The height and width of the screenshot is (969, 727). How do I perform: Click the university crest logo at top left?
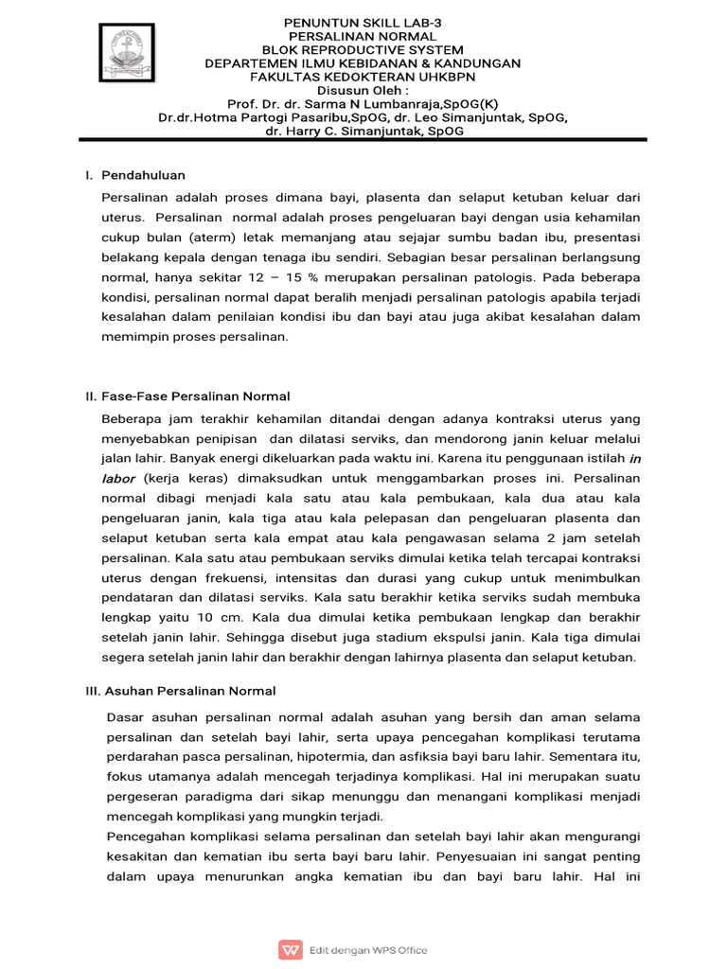(x=128, y=53)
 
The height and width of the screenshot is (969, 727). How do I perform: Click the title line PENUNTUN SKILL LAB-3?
(x=363, y=22)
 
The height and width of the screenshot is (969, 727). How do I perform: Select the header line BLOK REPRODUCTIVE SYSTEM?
(x=363, y=49)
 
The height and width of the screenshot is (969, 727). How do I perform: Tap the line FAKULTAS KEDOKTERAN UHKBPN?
(x=363, y=77)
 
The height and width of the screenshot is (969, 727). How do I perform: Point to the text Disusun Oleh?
(x=361, y=90)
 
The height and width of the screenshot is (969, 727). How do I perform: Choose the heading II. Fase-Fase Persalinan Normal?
(x=187, y=396)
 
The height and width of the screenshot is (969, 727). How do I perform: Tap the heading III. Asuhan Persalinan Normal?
(x=180, y=691)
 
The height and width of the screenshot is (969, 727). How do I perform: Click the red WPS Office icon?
(x=289, y=949)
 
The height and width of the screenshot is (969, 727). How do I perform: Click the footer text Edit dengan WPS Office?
(x=368, y=950)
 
